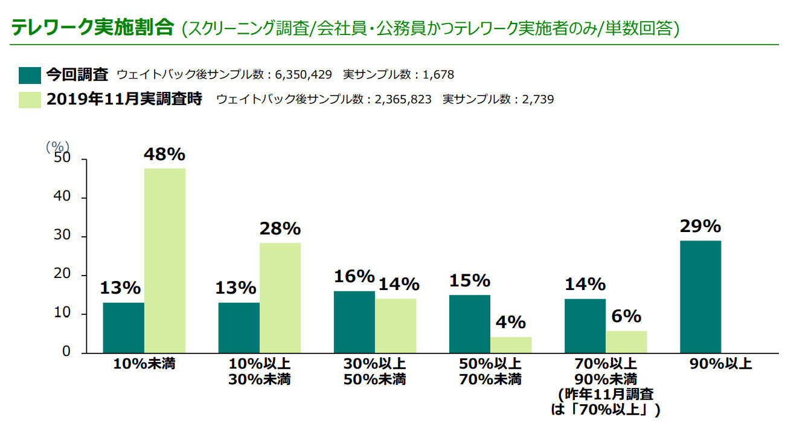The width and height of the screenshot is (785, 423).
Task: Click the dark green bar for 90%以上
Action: click(700, 297)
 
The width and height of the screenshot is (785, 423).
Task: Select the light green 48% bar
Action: click(165, 260)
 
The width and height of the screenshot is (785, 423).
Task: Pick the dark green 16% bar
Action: click(354, 322)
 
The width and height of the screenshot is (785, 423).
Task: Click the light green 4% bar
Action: click(511, 345)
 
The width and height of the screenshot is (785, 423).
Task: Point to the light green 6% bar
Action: click(626, 342)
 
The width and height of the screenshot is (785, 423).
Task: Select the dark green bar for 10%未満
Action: click(124, 328)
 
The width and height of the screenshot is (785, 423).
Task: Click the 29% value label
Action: click(700, 227)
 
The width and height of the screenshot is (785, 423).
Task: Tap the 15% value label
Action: click(469, 281)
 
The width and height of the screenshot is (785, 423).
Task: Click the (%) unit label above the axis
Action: click(58, 146)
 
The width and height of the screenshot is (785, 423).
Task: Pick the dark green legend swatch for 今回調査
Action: click(30, 75)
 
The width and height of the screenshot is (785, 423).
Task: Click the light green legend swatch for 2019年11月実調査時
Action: click(30, 98)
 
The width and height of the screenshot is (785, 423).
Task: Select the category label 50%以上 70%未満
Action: click(485, 372)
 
